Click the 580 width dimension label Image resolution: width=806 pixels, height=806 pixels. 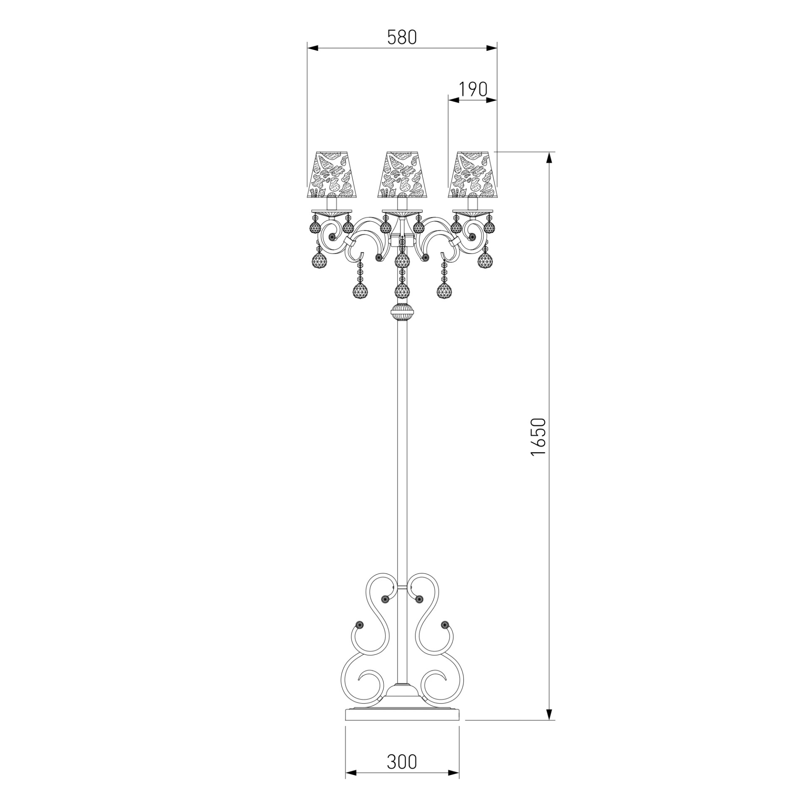tap(402, 37)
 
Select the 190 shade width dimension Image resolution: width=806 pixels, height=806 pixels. tap(472, 89)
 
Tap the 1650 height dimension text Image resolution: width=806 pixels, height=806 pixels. tap(538, 437)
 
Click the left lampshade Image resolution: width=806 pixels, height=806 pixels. tap(331, 175)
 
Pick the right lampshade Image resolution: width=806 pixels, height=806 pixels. tap(473, 175)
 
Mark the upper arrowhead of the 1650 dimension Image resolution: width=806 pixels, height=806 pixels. tap(549, 157)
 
